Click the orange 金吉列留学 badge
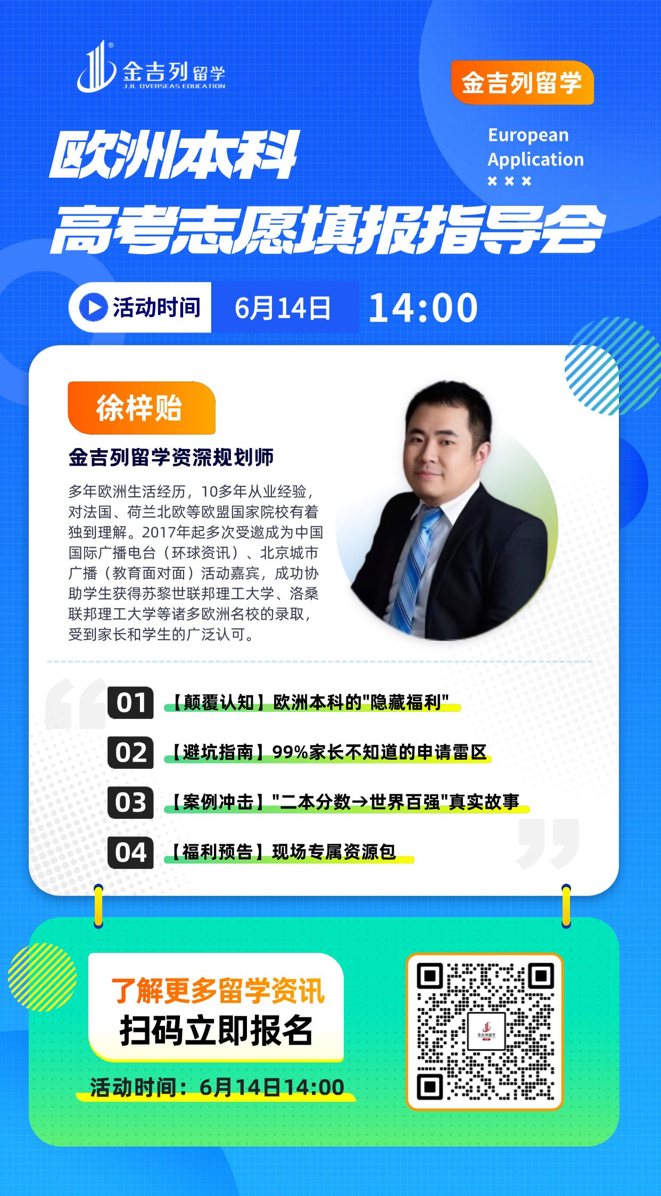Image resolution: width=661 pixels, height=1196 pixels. (522, 82)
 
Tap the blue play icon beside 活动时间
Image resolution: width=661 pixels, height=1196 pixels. (94, 308)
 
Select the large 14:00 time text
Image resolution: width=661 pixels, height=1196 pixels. (423, 308)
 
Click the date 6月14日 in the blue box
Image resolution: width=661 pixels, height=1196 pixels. (283, 308)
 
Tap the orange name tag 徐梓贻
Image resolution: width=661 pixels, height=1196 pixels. (142, 408)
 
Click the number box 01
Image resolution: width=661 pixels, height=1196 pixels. (130, 703)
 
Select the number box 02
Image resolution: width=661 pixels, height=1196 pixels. (130, 752)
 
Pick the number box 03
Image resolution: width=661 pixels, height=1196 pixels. (130, 802)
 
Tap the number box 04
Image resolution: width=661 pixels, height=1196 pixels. (130, 852)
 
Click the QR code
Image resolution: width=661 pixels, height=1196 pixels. (485, 1032)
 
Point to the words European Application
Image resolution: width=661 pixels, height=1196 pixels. (535, 147)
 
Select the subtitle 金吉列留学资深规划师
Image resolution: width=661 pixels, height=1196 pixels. (171, 457)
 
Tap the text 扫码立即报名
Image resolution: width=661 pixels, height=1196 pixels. (216, 1030)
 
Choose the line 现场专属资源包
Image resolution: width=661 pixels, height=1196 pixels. (334, 852)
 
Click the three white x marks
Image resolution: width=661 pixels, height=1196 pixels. (509, 181)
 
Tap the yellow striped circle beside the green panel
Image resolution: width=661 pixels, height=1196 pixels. (43, 977)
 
